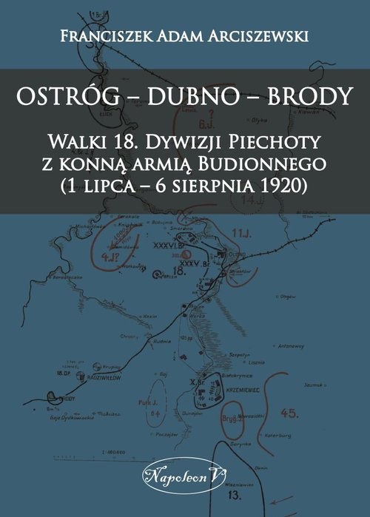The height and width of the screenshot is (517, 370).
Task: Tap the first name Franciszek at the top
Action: (98, 33)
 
